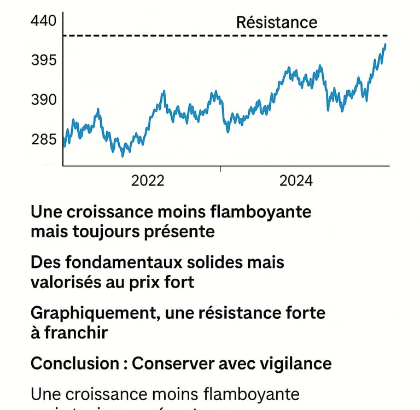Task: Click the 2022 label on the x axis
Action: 148,181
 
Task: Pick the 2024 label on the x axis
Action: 296,181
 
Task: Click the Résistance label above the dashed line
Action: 276,22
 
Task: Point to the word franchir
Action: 77,332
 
